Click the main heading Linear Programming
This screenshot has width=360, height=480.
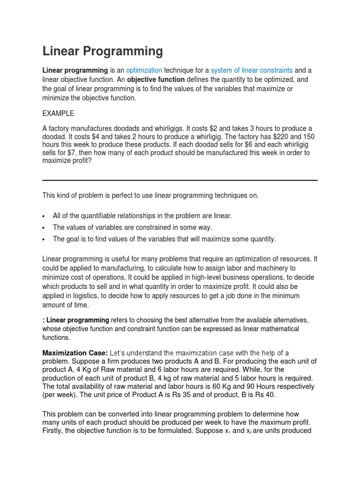(x=103, y=51)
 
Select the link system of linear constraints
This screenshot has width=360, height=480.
(x=251, y=70)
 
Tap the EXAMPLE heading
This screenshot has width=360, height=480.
(x=58, y=113)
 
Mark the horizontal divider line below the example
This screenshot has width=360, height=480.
(x=180, y=180)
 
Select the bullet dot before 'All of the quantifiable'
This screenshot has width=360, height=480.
(x=44, y=216)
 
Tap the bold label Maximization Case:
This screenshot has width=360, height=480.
(x=75, y=352)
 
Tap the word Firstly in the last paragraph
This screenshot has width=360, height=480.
(x=54, y=430)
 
